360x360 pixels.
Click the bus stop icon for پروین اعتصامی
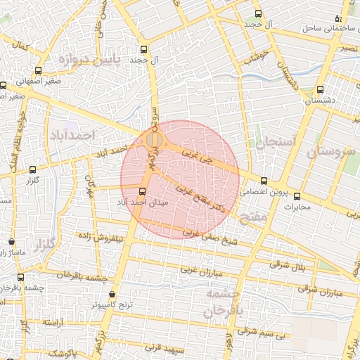264,181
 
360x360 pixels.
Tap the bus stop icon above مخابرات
297,196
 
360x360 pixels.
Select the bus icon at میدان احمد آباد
143,191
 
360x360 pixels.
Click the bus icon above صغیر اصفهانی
38,70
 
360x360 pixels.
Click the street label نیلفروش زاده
101,238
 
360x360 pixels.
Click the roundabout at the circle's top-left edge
155,141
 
